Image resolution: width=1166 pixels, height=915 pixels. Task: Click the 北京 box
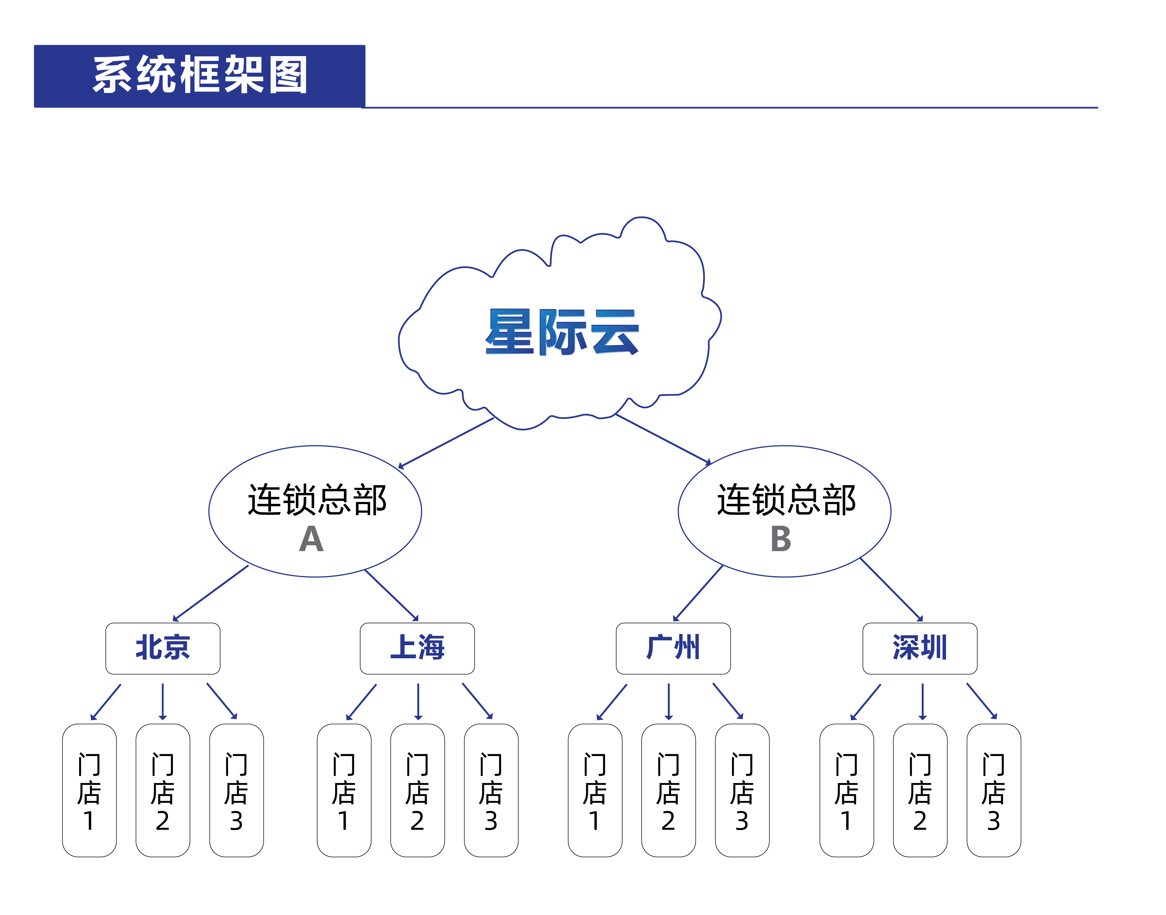coord(163,648)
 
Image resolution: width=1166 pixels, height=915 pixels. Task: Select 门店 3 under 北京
coord(236,790)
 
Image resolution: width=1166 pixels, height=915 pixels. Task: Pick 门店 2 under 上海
coord(417,790)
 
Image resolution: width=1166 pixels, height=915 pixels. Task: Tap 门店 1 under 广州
coord(595,790)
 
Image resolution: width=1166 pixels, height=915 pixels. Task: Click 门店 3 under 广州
coord(742,790)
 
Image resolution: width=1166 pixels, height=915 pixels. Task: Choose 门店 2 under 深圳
coord(920,790)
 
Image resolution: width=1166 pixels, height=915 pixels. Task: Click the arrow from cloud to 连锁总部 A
coord(446,442)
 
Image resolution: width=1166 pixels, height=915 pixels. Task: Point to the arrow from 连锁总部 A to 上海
coord(391,595)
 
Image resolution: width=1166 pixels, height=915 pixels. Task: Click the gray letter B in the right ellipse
coord(781,539)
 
